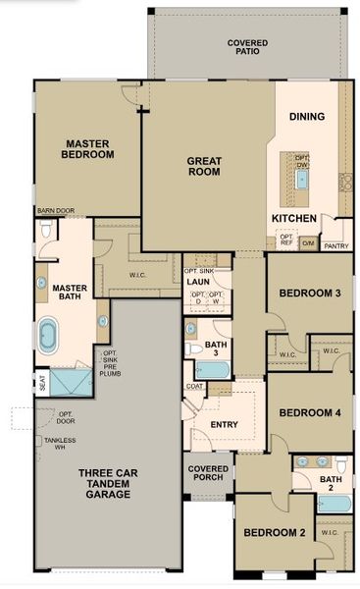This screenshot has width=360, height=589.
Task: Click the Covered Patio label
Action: (247, 48)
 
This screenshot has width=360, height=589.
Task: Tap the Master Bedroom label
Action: (87, 148)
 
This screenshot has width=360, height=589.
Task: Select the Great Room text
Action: (205, 165)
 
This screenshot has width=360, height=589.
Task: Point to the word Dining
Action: (306, 117)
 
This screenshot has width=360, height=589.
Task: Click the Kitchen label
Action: (293, 217)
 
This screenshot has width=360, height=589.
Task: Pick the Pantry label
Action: (335, 245)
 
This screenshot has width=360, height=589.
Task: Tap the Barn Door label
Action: (56, 210)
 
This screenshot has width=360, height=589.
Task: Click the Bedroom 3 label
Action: (309, 293)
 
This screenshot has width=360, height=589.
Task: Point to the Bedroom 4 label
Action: (309, 412)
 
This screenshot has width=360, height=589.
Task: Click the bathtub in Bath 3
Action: (211, 370)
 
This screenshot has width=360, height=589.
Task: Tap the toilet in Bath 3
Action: (193, 348)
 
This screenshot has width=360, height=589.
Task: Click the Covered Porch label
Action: (208, 475)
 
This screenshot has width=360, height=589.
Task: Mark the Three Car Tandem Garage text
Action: (105, 484)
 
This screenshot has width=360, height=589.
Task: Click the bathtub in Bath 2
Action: (334, 504)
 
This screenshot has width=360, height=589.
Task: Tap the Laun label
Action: (199, 280)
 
